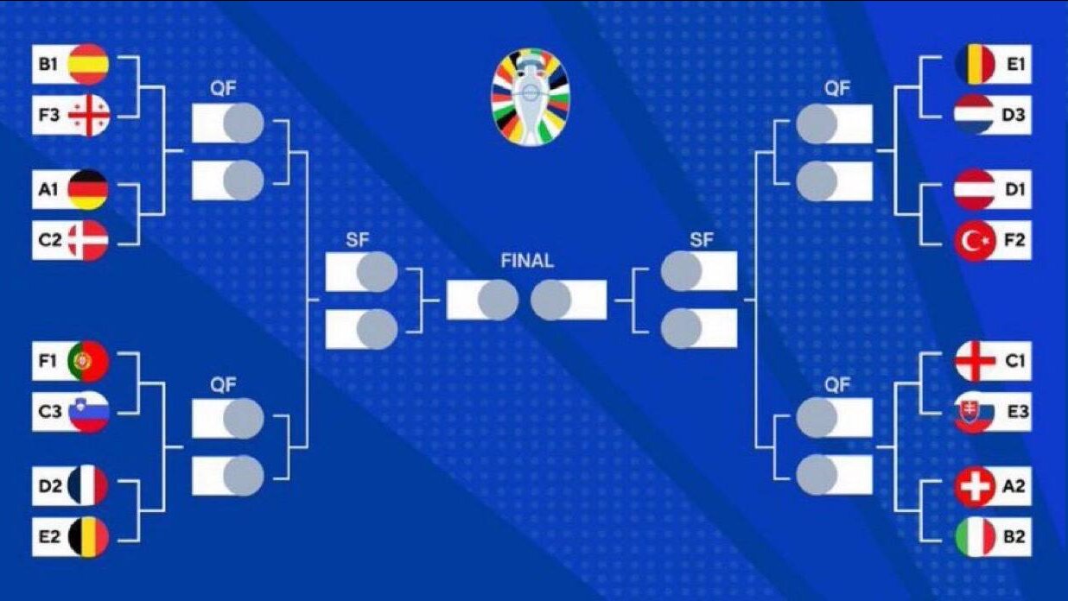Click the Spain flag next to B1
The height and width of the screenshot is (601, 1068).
click(x=88, y=64)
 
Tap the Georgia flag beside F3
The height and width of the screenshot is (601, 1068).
click(x=88, y=116)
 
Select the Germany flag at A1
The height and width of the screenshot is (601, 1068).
click(x=88, y=190)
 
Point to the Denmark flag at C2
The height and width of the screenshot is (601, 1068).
click(x=88, y=241)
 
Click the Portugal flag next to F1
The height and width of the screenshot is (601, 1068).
click(x=88, y=361)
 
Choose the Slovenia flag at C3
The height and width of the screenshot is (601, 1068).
click(x=88, y=412)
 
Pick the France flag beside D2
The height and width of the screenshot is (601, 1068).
click(x=88, y=486)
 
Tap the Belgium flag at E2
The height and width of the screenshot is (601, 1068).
click(x=88, y=537)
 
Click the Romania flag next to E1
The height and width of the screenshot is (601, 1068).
click(x=975, y=64)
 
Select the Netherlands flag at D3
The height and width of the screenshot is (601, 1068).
click(x=975, y=116)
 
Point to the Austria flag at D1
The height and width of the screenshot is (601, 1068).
click(x=975, y=190)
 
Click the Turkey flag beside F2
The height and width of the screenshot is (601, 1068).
click(x=975, y=241)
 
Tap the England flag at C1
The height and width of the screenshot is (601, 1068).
click(x=975, y=361)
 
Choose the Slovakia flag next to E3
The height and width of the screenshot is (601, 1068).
click(x=975, y=412)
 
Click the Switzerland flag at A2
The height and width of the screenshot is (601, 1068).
click(x=975, y=486)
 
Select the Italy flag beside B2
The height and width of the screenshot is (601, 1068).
click(x=975, y=537)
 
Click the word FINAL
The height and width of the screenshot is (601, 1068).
click(x=527, y=261)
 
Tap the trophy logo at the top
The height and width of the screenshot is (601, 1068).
click(x=531, y=96)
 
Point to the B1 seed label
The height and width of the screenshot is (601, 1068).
click(x=48, y=64)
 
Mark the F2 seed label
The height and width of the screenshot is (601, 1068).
click(x=1014, y=241)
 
